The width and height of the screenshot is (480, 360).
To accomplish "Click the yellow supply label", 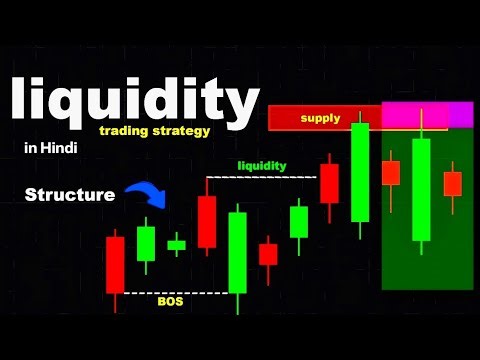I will [320, 118].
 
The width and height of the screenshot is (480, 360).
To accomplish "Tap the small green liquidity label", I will [262, 165].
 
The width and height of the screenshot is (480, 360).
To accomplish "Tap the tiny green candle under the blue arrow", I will [176, 244].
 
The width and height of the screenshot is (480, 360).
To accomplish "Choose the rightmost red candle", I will [453, 183].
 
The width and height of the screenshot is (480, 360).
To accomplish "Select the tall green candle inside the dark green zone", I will [421, 190].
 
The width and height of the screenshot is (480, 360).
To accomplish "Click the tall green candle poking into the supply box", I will [360, 170].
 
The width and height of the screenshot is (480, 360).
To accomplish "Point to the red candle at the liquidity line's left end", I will [207, 221].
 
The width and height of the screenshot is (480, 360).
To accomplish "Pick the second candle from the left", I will [146, 243].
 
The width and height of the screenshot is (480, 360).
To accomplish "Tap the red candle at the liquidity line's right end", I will [329, 184].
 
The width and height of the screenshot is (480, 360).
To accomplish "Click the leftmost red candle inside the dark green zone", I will [390, 172].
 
